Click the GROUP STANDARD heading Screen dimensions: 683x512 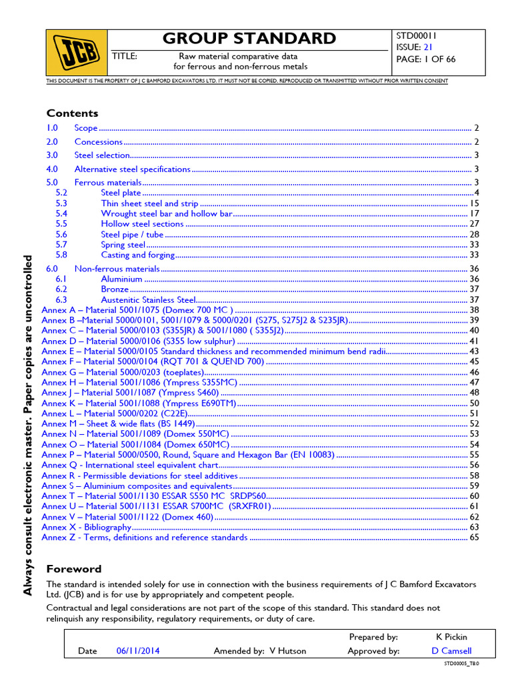pyautogui.click(x=249, y=38)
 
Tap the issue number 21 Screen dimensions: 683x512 pyautogui.click(x=429, y=47)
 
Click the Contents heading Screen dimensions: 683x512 pyautogui.click(x=72, y=113)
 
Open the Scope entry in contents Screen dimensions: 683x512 pyautogui.click(x=86, y=128)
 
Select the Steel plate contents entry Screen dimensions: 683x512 pyautogui.click(x=121, y=193)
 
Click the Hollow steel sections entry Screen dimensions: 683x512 pyautogui.click(x=142, y=224)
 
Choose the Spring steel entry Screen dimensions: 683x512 pyautogui.click(x=123, y=245)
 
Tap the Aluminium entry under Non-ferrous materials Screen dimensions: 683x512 pyautogui.click(x=121, y=279)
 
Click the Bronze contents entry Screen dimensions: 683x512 pyautogui.click(x=114, y=289)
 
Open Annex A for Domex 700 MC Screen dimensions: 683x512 pyautogui.click(x=137, y=310)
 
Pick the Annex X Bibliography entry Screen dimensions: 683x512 pyautogui.click(x=86, y=527)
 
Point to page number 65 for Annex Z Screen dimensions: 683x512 pyautogui.click(x=474, y=538)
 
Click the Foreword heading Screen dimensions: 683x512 pyautogui.click(x=73, y=569)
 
